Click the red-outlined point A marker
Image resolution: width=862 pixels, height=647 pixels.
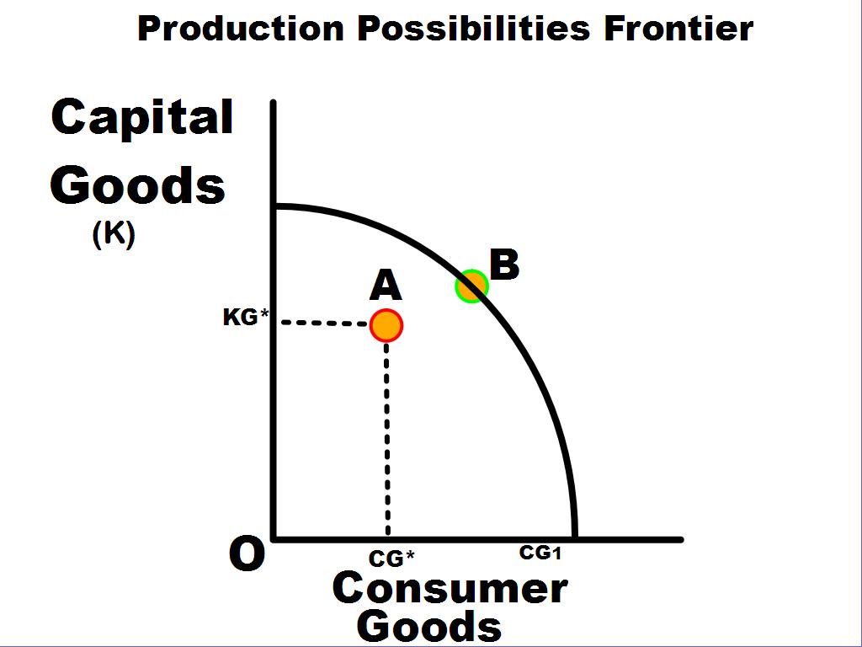pyautogui.click(x=386, y=325)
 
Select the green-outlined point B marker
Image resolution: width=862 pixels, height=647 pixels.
pyautogui.click(x=471, y=286)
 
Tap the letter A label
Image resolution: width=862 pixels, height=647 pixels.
pyautogui.click(x=386, y=286)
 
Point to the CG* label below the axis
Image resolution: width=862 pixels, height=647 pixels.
pyautogui.click(x=391, y=559)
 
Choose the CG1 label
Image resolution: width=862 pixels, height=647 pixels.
pyautogui.click(x=540, y=553)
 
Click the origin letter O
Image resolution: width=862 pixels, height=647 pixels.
pyautogui.click(x=247, y=554)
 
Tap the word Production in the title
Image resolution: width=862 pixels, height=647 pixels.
pyautogui.click(x=241, y=29)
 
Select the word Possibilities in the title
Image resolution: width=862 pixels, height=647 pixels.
pyautogui.click(x=474, y=29)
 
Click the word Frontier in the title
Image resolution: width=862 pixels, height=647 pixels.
pyautogui.click(x=678, y=29)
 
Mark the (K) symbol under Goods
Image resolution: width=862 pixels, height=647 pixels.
pyautogui.click(x=114, y=234)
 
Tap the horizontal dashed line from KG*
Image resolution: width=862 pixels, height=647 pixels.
pyautogui.click(x=324, y=323)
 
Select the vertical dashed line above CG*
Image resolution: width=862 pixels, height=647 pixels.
pyautogui.click(x=387, y=439)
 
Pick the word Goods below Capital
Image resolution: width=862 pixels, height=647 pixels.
pyautogui.click(x=138, y=184)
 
